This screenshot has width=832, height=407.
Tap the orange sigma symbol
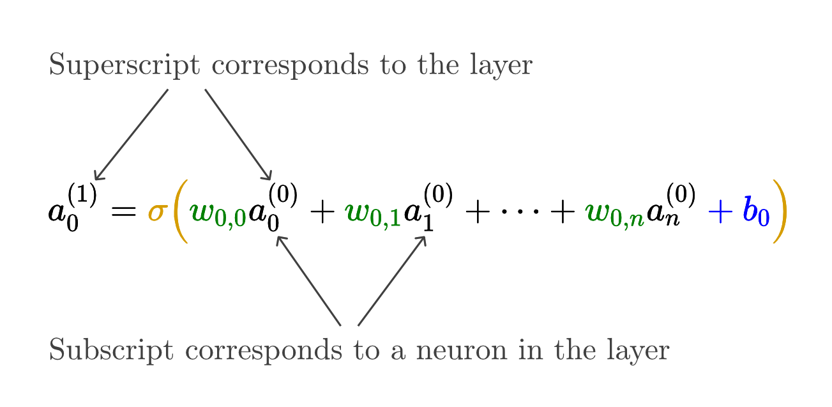[157, 211]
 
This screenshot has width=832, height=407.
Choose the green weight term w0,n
[614, 213]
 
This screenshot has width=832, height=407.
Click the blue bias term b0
[755, 213]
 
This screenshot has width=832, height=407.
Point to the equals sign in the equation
[124, 211]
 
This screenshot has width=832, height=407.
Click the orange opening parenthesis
[180, 211]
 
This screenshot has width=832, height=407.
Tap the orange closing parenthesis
[780, 211]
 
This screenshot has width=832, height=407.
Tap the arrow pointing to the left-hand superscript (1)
[131, 135]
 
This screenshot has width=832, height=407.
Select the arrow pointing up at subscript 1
[391, 280]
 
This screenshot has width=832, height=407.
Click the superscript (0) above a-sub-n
[681, 196]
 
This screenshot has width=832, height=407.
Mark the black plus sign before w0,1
[323, 213]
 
